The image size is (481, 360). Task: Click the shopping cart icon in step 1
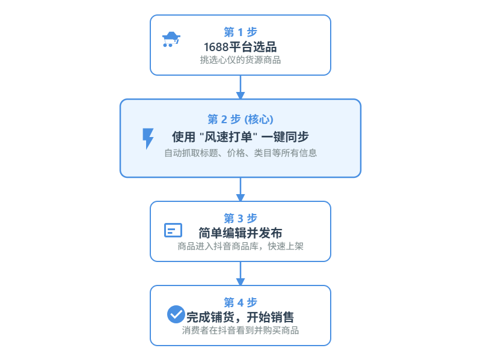(171, 40)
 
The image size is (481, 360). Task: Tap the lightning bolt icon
(148, 138)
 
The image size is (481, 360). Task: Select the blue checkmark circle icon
(176, 314)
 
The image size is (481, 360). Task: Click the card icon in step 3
(173, 230)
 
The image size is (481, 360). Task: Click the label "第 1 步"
(240, 32)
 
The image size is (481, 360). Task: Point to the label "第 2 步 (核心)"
(240, 118)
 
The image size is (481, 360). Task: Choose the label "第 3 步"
(240, 218)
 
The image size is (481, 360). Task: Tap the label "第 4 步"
(240, 302)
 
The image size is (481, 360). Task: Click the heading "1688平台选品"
(240, 46)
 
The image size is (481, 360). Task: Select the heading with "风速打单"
(240, 136)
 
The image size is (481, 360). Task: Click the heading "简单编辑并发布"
(240, 233)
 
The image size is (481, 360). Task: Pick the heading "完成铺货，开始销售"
(240, 317)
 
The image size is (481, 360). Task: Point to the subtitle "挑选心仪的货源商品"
(240, 60)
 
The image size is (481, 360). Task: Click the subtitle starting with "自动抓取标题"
(240, 153)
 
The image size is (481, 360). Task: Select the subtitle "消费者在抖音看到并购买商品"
(240, 331)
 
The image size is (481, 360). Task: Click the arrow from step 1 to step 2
(240, 87)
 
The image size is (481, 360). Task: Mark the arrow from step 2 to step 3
(240, 189)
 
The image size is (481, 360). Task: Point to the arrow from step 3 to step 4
(240, 273)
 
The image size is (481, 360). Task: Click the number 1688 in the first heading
(216, 46)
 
